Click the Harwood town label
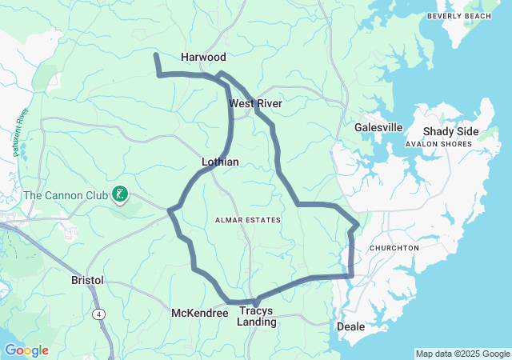click(203, 58)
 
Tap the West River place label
click(255, 104)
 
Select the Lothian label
click(220, 162)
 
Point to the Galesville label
click(378, 127)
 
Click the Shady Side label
click(450, 132)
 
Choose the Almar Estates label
click(248, 219)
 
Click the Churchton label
click(394, 248)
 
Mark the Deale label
click(350, 326)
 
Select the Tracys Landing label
click(256, 316)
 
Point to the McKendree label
click(200, 313)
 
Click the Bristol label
click(87, 281)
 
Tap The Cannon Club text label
click(66, 194)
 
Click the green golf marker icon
click(120, 194)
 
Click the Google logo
click(26, 350)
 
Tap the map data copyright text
click(462, 354)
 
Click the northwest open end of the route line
click(155, 54)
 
